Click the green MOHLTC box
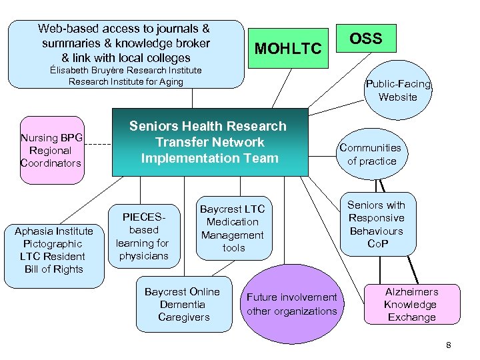tap(288, 48)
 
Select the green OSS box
tap(366, 39)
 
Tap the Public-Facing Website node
tap(398, 91)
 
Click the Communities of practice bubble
tap(370, 155)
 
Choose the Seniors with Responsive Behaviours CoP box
tap(376, 225)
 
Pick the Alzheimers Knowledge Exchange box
tap(411, 305)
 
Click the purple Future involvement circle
tap(292, 304)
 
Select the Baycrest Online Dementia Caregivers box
tap(181, 305)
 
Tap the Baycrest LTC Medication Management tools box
tap(233, 229)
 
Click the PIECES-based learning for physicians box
tap(143, 237)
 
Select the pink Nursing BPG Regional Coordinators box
tap(51, 151)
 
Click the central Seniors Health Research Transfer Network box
tap(210, 142)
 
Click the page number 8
tap(449, 345)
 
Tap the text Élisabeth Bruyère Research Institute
tap(126, 70)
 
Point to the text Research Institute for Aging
tap(126, 81)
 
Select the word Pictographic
tap(53, 244)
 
